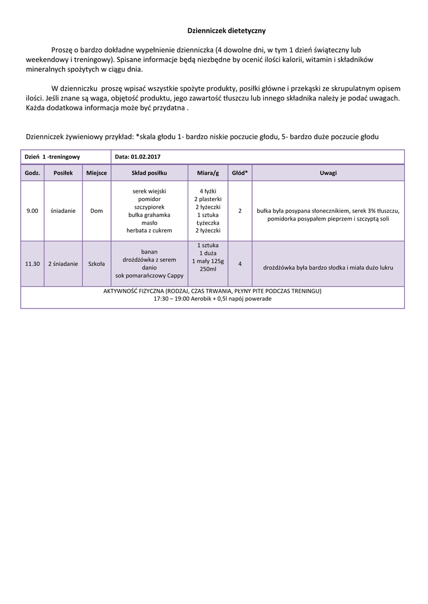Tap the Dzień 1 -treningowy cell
53,157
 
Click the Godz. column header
32,173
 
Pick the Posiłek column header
63,173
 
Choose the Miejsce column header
96,173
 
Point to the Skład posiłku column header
149,173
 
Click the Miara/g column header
207,173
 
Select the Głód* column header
240,173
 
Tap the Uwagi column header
328,173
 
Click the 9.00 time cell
32,211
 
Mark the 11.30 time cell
32,264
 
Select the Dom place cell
96,211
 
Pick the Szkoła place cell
96,264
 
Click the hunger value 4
240,264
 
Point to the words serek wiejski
149,191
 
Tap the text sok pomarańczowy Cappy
149,275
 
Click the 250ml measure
207,269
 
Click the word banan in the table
149,251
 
